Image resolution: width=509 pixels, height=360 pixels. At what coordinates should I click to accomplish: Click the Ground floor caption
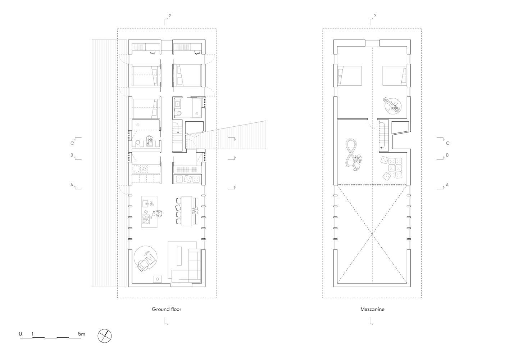click(167, 309)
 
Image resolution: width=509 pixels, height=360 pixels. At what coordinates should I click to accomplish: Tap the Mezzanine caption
click(372, 309)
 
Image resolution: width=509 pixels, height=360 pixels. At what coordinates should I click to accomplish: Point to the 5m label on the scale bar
click(81, 334)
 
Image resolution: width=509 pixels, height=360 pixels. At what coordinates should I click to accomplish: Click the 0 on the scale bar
click(21, 334)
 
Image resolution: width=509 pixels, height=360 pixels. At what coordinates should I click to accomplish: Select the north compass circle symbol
click(105, 336)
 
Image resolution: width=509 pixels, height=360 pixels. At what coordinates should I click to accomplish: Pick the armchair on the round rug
click(143, 265)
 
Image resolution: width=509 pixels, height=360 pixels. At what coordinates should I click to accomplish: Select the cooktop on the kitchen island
click(146, 220)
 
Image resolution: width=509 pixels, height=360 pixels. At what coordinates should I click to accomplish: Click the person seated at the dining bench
click(195, 211)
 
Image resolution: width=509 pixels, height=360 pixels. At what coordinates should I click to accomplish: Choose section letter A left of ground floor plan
click(72, 185)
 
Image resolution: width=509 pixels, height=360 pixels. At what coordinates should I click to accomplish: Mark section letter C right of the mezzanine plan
click(447, 143)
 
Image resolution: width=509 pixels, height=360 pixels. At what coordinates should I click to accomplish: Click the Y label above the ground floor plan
click(170, 15)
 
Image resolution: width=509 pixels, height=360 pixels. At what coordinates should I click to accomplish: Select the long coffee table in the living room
click(179, 256)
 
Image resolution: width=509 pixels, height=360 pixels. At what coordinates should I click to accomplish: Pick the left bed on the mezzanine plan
click(350, 76)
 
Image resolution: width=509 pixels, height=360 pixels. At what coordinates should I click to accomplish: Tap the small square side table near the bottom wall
click(157, 279)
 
